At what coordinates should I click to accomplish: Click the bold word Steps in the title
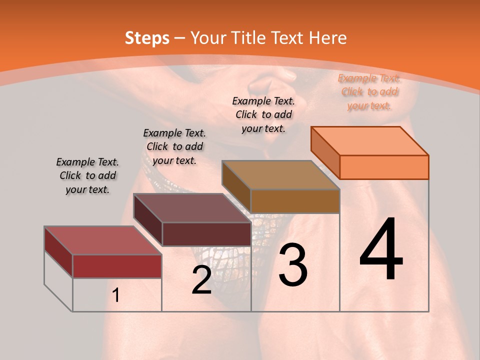[x=146, y=38]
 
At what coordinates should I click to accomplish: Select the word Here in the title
[x=327, y=38]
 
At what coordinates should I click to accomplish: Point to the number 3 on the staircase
[x=292, y=265]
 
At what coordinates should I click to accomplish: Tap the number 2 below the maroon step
[x=201, y=280]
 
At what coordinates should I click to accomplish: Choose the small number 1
[x=115, y=295]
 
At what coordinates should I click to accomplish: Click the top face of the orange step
[x=369, y=141]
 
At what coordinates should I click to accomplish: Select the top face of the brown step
[x=280, y=175]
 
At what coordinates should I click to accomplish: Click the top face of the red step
[x=102, y=240]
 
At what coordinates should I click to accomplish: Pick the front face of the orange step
[x=384, y=167]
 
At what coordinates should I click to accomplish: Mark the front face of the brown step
[x=295, y=201]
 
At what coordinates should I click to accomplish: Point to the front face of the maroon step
[x=206, y=234]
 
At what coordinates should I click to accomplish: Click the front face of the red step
[x=117, y=266]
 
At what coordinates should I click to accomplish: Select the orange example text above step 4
[x=369, y=91]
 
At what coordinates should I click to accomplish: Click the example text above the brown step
[x=263, y=114]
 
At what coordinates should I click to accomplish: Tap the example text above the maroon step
[x=174, y=146]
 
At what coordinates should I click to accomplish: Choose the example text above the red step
[x=87, y=175]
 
